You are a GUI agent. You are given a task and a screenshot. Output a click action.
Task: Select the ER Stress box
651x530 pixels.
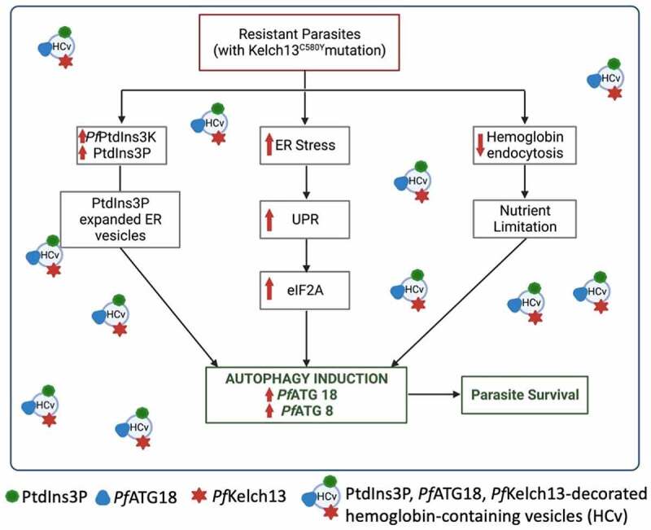304,147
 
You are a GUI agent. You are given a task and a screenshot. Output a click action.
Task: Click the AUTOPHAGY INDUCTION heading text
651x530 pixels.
307,379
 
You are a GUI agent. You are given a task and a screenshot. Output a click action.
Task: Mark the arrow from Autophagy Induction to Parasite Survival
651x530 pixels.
434,395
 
